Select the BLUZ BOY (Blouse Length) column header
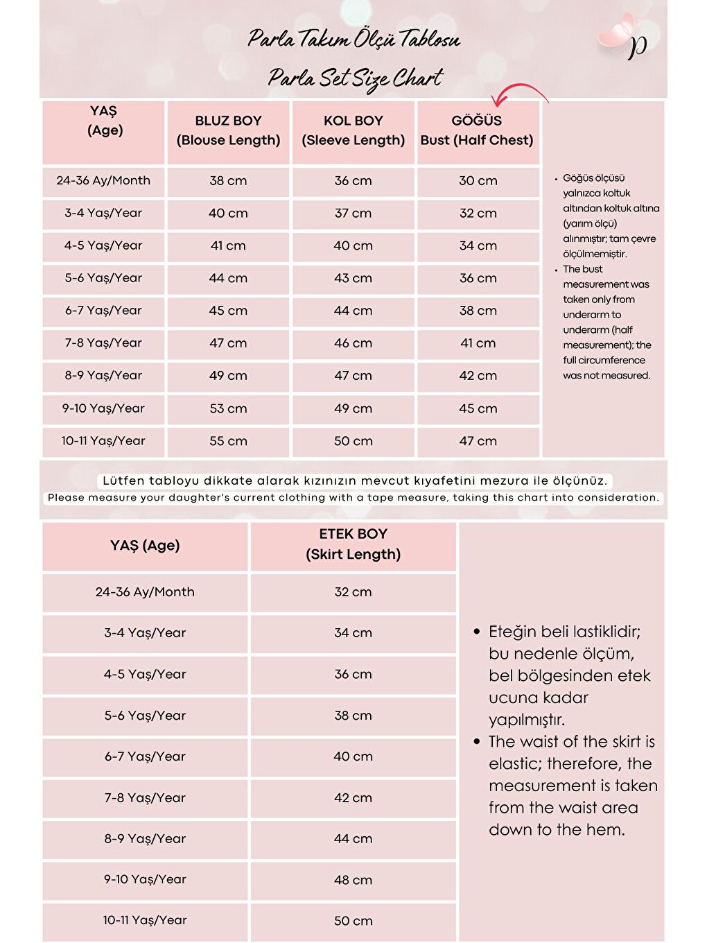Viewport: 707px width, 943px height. tap(228, 130)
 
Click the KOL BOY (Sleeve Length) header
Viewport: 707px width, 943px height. tap(353, 130)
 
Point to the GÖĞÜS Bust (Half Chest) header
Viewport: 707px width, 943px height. tap(477, 130)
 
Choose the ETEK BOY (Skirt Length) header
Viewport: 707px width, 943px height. tap(353, 544)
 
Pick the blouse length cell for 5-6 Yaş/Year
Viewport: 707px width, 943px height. tap(228, 278)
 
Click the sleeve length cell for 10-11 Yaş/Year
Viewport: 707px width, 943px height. tap(353, 441)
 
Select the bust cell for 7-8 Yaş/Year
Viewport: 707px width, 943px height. tap(478, 343)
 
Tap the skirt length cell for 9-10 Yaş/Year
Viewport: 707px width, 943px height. tap(353, 880)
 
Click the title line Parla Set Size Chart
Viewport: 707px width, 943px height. tap(355, 78)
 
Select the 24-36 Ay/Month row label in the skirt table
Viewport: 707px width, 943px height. tap(145, 592)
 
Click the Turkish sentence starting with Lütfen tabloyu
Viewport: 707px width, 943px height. tap(354, 481)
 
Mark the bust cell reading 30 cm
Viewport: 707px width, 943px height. tap(478, 181)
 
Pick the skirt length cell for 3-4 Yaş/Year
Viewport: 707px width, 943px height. tap(353, 633)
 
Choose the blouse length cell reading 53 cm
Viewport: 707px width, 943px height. tap(228, 408)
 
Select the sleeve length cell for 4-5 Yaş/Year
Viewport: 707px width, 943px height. tap(353, 245)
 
